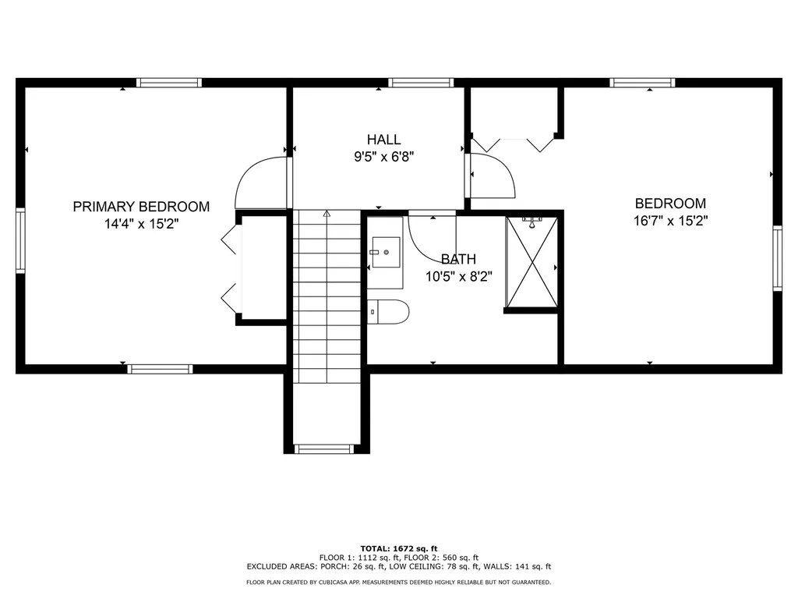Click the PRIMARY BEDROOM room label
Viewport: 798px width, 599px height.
tap(141, 207)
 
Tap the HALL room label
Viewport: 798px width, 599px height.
tap(384, 140)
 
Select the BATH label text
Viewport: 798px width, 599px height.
tap(458, 259)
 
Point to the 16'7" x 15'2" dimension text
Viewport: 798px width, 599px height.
tap(670, 220)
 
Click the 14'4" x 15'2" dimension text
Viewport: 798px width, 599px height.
tap(141, 223)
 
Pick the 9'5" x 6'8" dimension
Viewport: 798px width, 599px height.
tap(384, 156)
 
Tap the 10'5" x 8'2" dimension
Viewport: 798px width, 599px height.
tap(458, 276)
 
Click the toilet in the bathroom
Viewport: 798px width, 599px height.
tap(388, 311)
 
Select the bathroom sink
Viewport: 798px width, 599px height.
tap(385, 253)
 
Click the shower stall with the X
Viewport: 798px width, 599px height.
tap(532, 263)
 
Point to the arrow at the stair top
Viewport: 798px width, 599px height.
tap(327, 213)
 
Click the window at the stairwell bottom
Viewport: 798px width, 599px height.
tap(325, 448)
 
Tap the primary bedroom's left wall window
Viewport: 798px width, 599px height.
tap(21, 239)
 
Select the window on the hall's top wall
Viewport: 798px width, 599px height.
tap(421, 82)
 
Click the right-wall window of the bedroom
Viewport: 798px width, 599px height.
tap(777, 258)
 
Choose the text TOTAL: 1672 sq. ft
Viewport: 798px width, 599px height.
tap(399, 548)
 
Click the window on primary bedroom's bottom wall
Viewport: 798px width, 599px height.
tap(160, 369)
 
